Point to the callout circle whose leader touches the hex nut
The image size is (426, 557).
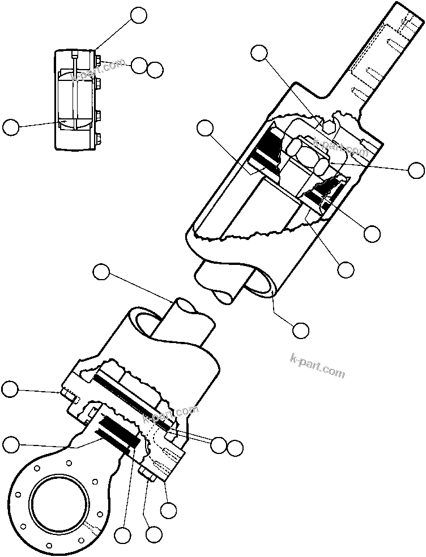coord(417,169)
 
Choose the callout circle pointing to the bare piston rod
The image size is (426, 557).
coord(101,272)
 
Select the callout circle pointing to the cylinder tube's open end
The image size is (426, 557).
coord(300,328)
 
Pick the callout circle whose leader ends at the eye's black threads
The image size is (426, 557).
coord(122,534)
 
